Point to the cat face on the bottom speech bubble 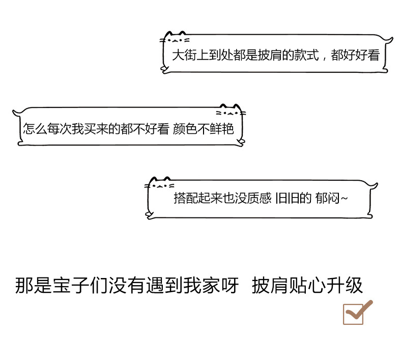160,184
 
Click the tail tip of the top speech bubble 391,38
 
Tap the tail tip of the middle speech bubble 15,112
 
